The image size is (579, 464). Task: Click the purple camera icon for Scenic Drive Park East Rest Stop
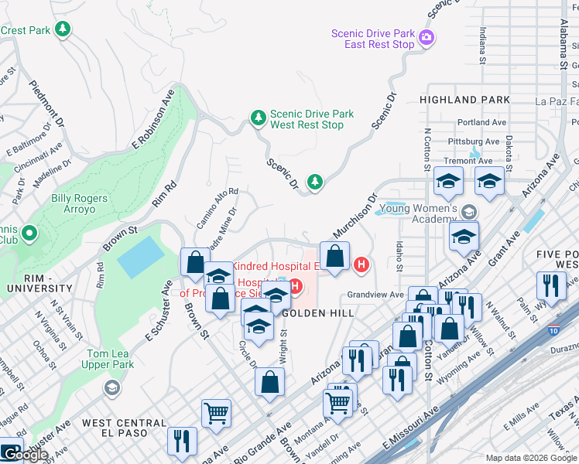(x=426, y=37)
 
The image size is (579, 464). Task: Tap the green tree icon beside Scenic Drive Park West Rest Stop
(x=258, y=118)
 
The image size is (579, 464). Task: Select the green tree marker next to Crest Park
(x=63, y=30)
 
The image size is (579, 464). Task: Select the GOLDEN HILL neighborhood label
(x=318, y=313)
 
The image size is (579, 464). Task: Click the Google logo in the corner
(x=25, y=455)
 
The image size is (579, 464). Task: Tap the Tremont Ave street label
(x=474, y=161)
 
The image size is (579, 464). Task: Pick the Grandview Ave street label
(x=375, y=295)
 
